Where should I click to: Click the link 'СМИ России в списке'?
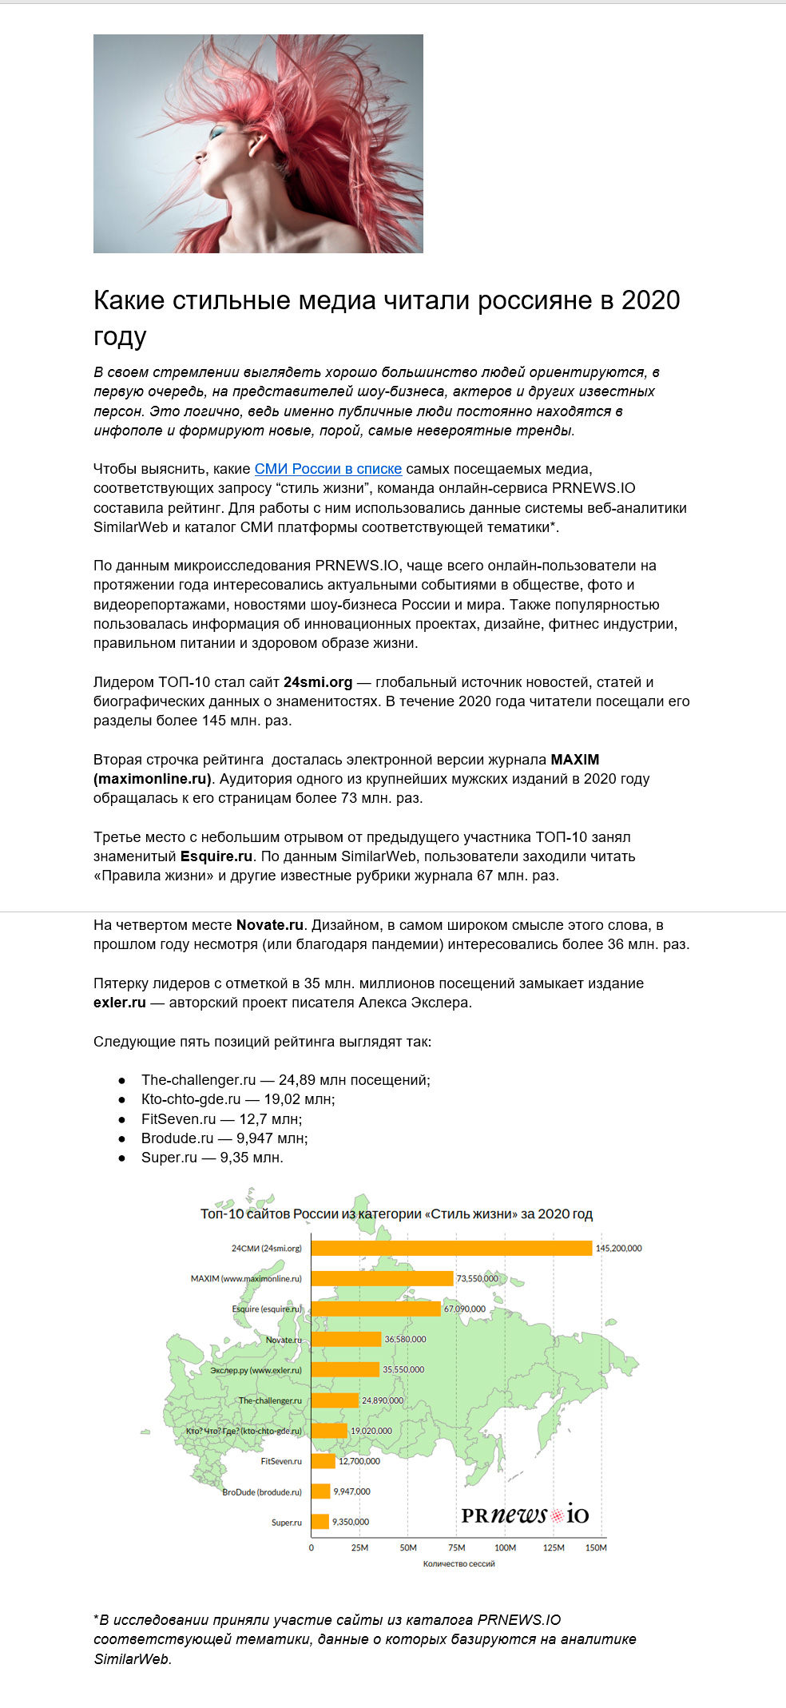327,469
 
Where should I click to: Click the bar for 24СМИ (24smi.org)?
451,1248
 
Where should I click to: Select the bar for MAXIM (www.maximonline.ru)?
382,1278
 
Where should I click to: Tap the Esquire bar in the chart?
375,1309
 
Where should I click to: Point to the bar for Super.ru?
320,1521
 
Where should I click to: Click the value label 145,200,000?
618,1248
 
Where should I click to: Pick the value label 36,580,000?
405,1339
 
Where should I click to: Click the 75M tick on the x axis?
456,1547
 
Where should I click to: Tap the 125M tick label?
554,1547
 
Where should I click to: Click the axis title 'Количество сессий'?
458,1563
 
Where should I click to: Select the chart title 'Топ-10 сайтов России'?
396,1213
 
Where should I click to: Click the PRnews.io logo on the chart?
525,1515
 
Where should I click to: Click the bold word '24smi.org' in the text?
318,682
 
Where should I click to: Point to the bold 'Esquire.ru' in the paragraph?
216,856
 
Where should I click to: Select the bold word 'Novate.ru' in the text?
270,925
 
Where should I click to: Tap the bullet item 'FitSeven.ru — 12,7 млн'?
221,1119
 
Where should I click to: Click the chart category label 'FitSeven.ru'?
281,1461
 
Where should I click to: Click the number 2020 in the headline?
650,300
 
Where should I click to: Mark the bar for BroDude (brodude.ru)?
320,1491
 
